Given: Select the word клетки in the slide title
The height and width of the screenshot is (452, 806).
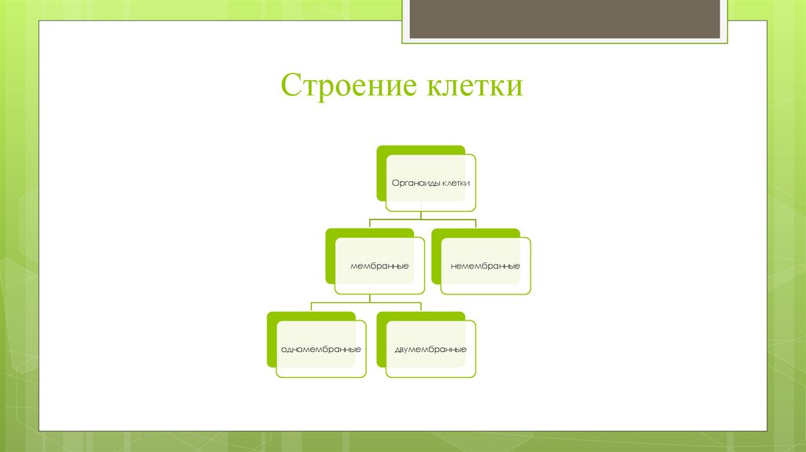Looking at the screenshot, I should point(475,86).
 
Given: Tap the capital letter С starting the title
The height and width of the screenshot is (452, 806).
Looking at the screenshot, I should point(290,86).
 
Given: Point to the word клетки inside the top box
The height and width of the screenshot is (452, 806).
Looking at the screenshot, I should point(457,183).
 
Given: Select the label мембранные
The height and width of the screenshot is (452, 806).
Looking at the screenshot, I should point(379,266).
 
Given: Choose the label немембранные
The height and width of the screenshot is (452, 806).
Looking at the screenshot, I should point(486,266).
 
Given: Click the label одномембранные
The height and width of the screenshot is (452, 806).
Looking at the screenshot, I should point(321,349).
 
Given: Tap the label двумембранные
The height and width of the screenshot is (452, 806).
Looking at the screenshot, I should point(431,349).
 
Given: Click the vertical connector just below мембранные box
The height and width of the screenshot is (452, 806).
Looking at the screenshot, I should point(370,298).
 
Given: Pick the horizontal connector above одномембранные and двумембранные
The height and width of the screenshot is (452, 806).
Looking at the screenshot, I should point(367,302).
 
